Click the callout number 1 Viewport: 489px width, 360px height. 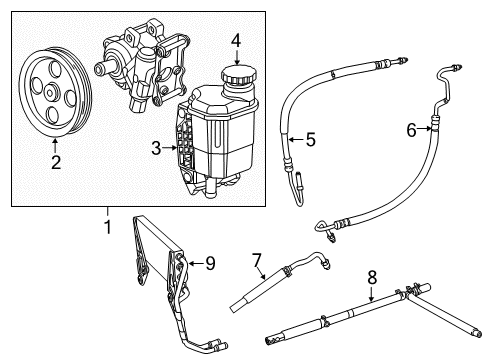click(107, 227)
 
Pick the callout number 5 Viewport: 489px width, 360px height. click(310, 141)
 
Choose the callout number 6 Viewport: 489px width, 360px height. click(410, 128)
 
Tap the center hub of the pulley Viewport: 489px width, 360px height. click(50, 92)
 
